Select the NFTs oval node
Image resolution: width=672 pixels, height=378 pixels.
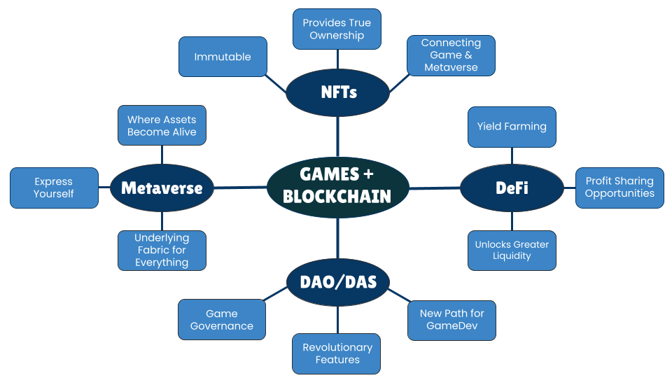click(x=338, y=92)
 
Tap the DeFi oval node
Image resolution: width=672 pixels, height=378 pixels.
click(x=512, y=188)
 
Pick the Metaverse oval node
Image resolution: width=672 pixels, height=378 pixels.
click(x=162, y=188)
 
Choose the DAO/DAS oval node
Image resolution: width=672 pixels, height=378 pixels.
click(x=338, y=282)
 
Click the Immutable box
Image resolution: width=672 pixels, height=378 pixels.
click(x=223, y=57)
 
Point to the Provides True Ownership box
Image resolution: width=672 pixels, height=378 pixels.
click(x=337, y=29)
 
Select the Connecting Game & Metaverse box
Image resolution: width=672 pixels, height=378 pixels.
click(x=451, y=55)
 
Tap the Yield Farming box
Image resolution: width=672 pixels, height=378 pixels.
click(x=512, y=127)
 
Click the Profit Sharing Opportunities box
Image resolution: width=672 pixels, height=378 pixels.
click(x=619, y=188)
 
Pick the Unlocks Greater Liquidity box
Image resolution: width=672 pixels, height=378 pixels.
click(x=512, y=250)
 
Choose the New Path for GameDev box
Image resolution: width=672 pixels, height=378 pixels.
click(x=451, y=320)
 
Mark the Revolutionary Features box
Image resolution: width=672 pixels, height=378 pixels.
click(x=337, y=353)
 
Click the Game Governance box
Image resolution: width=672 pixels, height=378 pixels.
click(x=222, y=320)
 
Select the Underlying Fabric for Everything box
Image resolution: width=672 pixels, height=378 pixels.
click(x=162, y=250)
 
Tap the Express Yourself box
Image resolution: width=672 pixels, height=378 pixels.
click(x=54, y=188)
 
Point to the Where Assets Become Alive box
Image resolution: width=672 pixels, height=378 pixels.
click(x=162, y=126)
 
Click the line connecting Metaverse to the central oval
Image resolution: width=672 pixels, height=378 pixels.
click(x=240, y=188)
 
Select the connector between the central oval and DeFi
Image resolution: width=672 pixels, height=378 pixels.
click(x=434, y=188)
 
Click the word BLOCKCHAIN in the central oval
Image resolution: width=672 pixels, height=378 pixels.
click(x=337, y=195)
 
